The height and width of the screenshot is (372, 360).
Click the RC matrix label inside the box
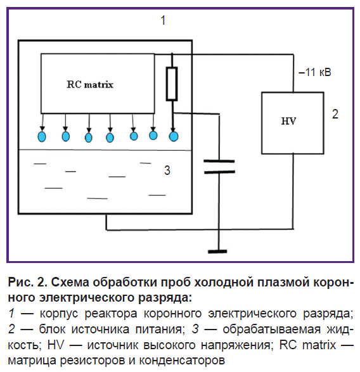coord(90,84)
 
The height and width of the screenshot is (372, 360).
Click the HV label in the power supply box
coord(288,121)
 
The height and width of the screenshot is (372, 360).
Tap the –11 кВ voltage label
coord(314,72)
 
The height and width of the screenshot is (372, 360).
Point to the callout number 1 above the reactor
coord(163,20)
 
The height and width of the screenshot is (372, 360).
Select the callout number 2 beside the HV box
coord(335,114)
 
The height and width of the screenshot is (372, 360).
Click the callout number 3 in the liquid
coord(167,170)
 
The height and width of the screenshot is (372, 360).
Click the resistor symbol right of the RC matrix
coord(172,84)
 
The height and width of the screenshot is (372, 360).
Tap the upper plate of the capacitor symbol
coord(219,162)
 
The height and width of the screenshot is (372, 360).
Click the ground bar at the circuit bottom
coord(217,252)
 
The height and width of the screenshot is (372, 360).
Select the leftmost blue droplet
coord(42,136)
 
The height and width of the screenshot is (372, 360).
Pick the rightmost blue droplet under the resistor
coord(174,136)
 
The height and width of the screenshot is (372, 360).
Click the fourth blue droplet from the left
coord(110,138)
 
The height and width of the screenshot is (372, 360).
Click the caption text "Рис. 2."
coord(27,283)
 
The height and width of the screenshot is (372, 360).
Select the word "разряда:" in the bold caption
coord(165,297)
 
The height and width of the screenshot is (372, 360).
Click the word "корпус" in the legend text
coord(59,314)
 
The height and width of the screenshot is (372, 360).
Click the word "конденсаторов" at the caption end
coord(182,361)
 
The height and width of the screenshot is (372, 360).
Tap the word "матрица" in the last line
coord(32,361)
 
